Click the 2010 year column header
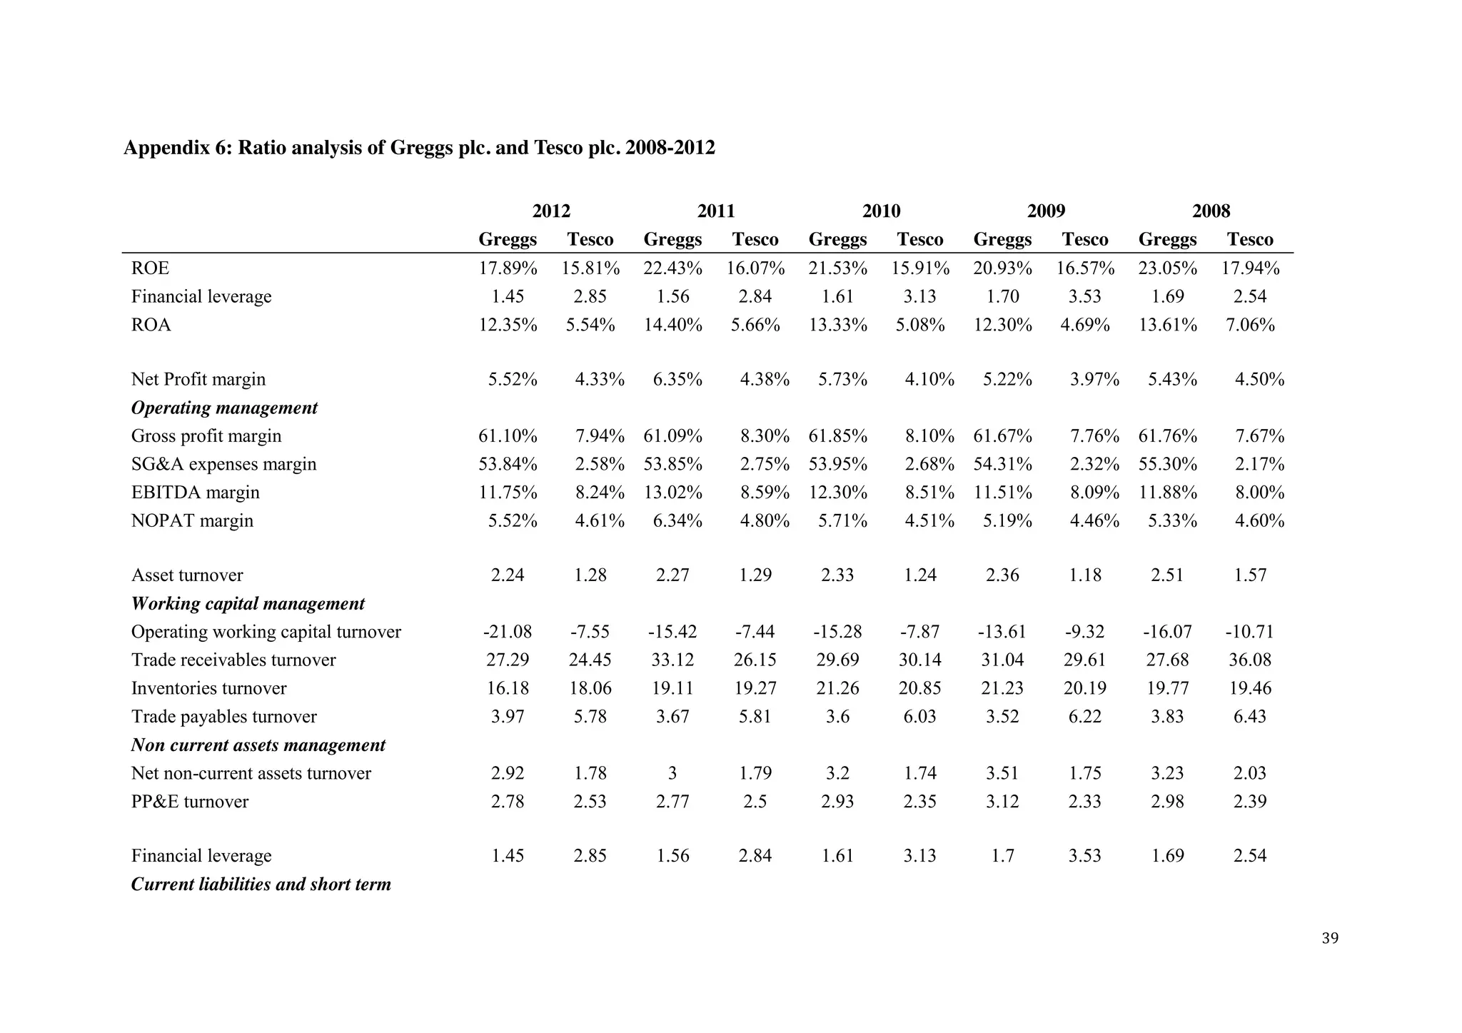[881, 211]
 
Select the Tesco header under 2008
[1249, 240]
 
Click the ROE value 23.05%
[1167, 269]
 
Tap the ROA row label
[151, 326]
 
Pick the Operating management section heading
[224, 408]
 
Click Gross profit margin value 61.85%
[837, 436]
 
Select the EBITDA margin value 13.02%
[672, 493]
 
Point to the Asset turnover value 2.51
[1167, 575]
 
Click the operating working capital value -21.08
[508, 632]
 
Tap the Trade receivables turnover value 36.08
[1249, 660]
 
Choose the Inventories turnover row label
[208, 689]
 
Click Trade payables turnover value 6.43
[1249, 717]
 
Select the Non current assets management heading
[258, 745]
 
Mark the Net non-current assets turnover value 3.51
[1002, 774]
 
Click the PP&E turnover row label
[190, 802]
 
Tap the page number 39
[1330, 939]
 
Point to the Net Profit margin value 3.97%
[1094, 380]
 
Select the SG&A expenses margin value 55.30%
[1167, 465]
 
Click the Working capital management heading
[248, 604]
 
